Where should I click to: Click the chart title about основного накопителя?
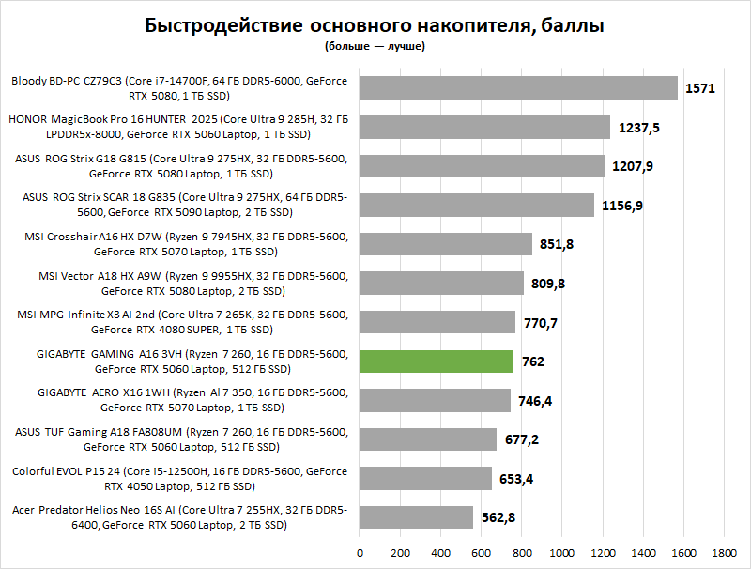pyautogui.click(x=375, y=25)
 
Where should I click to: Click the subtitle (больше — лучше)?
pyautogui.click(x=375, y=45)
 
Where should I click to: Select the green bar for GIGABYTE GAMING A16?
pyautogui.click(x=437, y=361)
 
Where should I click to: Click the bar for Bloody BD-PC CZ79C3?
pyautogui.click(x=518, y=88)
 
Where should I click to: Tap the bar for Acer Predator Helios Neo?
pyautogui.click(x=416, y=517)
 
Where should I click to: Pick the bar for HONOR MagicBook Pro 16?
pyautogui.click(x=484, y=127)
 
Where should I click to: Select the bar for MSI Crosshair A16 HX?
pyautogui.click(x=445, y=244)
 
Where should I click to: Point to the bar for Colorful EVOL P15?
pyautogui.click(x=425, y=479)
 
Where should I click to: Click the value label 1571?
pyautogui.click(x=700, y=88)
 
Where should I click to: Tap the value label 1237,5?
pyautogui.click(x=639, y=127)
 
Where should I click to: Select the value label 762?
pyautogui.click(x=534, y=361)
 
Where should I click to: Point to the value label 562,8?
pyautogui.click(x=498, y=517)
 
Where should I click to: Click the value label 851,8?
pyautogui.click(x=558, y=244)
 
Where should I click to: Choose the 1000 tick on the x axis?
pyautogui.click(x=562, y=552)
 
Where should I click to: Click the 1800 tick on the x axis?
pyautogui.click(x=725, y=552)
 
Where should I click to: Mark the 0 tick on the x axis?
pyautogui.click(x=359, y=552)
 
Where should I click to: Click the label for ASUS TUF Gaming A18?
pyautogui.click(x=181, y=439)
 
